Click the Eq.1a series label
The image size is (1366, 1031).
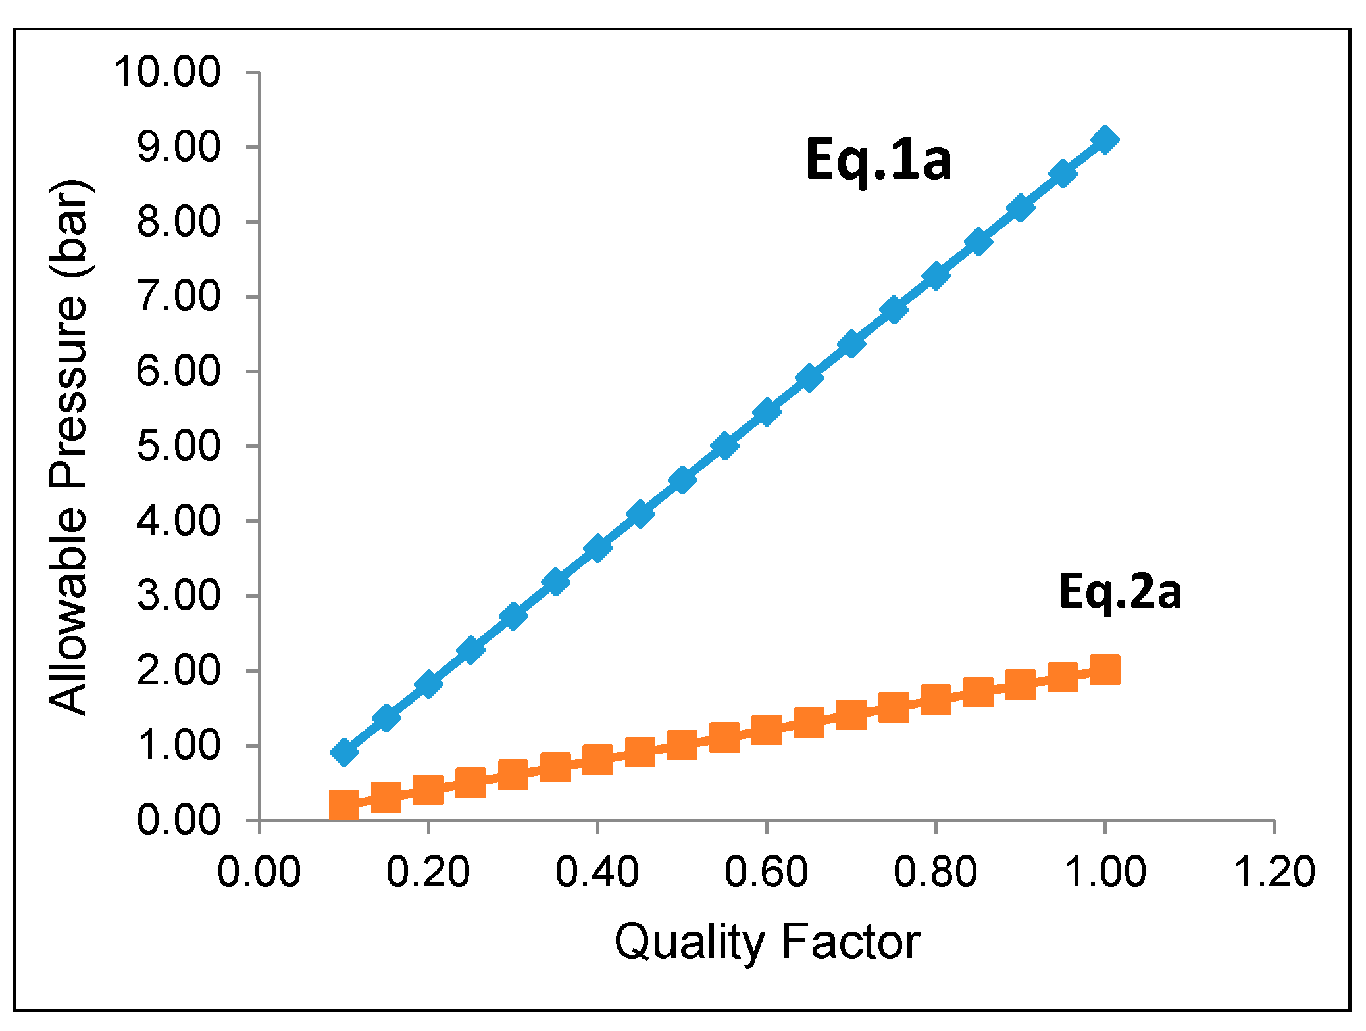tap(878, 160)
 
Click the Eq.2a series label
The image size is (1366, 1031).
tap(1120, 592)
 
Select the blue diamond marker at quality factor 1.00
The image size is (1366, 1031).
tap(1105, 140)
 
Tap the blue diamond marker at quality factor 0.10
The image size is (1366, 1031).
tap(343, 752)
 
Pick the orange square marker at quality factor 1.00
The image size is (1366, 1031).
tap(1105, 670)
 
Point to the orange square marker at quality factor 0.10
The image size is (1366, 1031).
tap(343, 805)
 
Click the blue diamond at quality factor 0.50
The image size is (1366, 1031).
tap(682, 479)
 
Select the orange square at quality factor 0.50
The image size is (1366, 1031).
tap(682, 745)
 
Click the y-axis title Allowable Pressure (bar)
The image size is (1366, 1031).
tap(68, 447)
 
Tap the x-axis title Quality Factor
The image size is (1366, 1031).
tap(767, 942)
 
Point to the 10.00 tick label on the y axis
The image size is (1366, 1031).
tap(167, 72)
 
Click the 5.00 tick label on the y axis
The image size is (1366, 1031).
tap(178, 446)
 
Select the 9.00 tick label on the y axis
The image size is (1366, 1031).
tap(178, 147)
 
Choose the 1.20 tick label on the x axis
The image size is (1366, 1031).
tap(1274, 873)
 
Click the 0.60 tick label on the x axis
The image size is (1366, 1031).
tap(766, 873)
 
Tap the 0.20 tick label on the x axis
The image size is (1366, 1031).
tap(428, 873)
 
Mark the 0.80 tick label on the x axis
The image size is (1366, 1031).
tap(935, 873)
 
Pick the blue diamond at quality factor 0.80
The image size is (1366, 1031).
tap(935, 276)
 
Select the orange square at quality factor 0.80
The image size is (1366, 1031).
tap(935, 700)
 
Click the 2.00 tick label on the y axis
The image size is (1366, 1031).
tap(178, 671)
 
